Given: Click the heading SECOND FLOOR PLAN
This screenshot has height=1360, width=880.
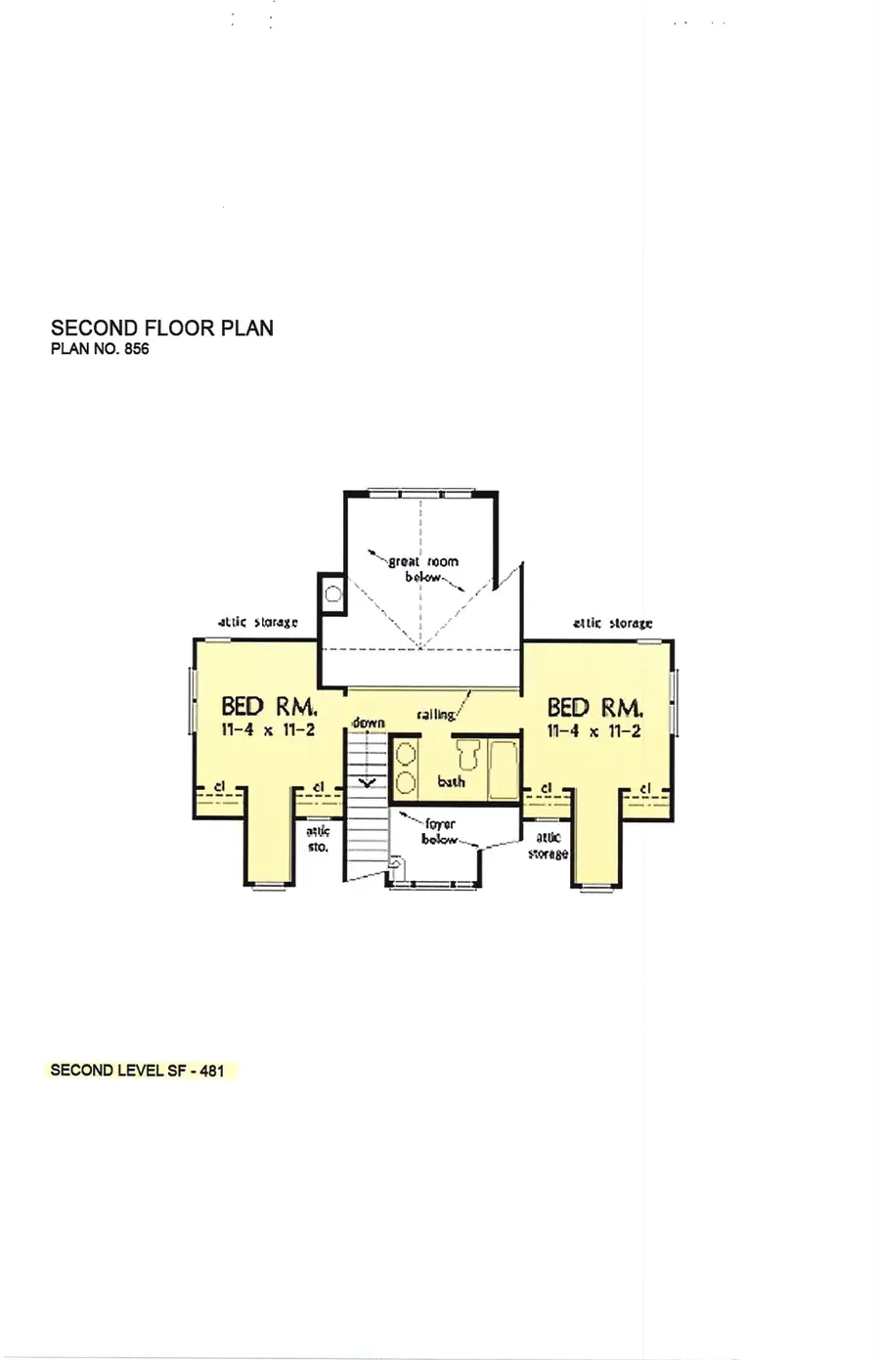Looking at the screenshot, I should pyautogui.click(x=161, y=329).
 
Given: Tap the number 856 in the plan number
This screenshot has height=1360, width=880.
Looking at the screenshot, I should pyautogui.click(x=136, y=349).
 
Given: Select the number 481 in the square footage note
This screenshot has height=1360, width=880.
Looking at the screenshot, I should pyautogui.click(x=212, y=1071).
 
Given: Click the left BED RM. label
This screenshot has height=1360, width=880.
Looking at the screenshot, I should pyautogui.click(x=268, y=706).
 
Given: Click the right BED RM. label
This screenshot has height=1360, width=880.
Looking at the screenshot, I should pyautogui.click(x=594, y=707).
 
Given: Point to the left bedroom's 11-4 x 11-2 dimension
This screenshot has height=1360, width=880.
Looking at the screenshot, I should pyautogui.click(x=268, y=730).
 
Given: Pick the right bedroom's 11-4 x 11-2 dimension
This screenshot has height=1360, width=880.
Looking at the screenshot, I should pyautogui.click(x=594, y=730).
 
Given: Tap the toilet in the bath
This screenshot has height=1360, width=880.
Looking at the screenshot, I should pyautogui.click(x=466, y=756).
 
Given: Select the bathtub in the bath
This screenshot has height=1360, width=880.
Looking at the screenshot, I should pyautogui.click(x=503, y=770).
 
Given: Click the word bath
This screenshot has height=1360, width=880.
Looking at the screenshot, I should pyautogui.click(x=451, y=781).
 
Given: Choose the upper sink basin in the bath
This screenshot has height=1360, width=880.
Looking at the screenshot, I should pyautogui.click(x=406, y=756).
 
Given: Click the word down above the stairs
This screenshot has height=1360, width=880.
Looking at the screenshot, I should pyautogui.click(x=368, y=723).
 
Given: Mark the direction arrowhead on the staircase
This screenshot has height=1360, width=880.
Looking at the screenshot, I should pyautogui.click(x=368, y=782).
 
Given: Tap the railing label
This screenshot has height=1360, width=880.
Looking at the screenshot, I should pyautogui.click(x=436, y=715).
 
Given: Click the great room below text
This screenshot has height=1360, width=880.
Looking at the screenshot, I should pyautogui.click(x=423, y=569).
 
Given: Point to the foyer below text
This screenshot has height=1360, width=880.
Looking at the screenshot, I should pyautogui.click(x=440, y=832).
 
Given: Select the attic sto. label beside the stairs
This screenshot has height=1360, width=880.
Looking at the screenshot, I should pyautogui.click(x=319, y=839).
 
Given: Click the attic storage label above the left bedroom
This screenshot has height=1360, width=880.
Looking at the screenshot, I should pyautogui.click(x=257, y=623).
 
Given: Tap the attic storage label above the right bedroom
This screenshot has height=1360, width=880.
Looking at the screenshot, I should pyautogui.click(x=612, y=623).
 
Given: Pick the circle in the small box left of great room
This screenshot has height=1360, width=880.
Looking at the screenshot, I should pyautogui.click(x=332, y=592).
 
